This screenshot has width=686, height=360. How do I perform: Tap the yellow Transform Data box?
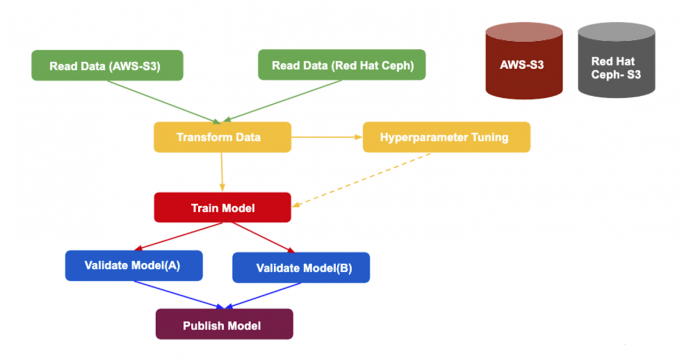pyautogui.click(x=222, y=137)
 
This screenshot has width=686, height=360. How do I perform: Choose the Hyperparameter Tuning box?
pyautogui.click(x=446, y=137)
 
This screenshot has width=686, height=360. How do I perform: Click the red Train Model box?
pyautogui.click(x=222, y=208)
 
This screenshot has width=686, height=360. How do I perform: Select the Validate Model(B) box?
pyautogui.click(x=301, y=267)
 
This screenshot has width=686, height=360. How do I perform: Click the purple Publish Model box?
pyautogui.click(x=224, y=324)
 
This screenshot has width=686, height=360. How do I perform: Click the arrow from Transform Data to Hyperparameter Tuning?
pyautogui.click(x=326, y=137)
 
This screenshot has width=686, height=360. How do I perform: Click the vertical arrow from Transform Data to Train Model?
pyautogui.click(x=222, y=172)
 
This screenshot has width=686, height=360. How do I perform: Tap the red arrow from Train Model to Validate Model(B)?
pyautogui.click(x=262, y=238)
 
